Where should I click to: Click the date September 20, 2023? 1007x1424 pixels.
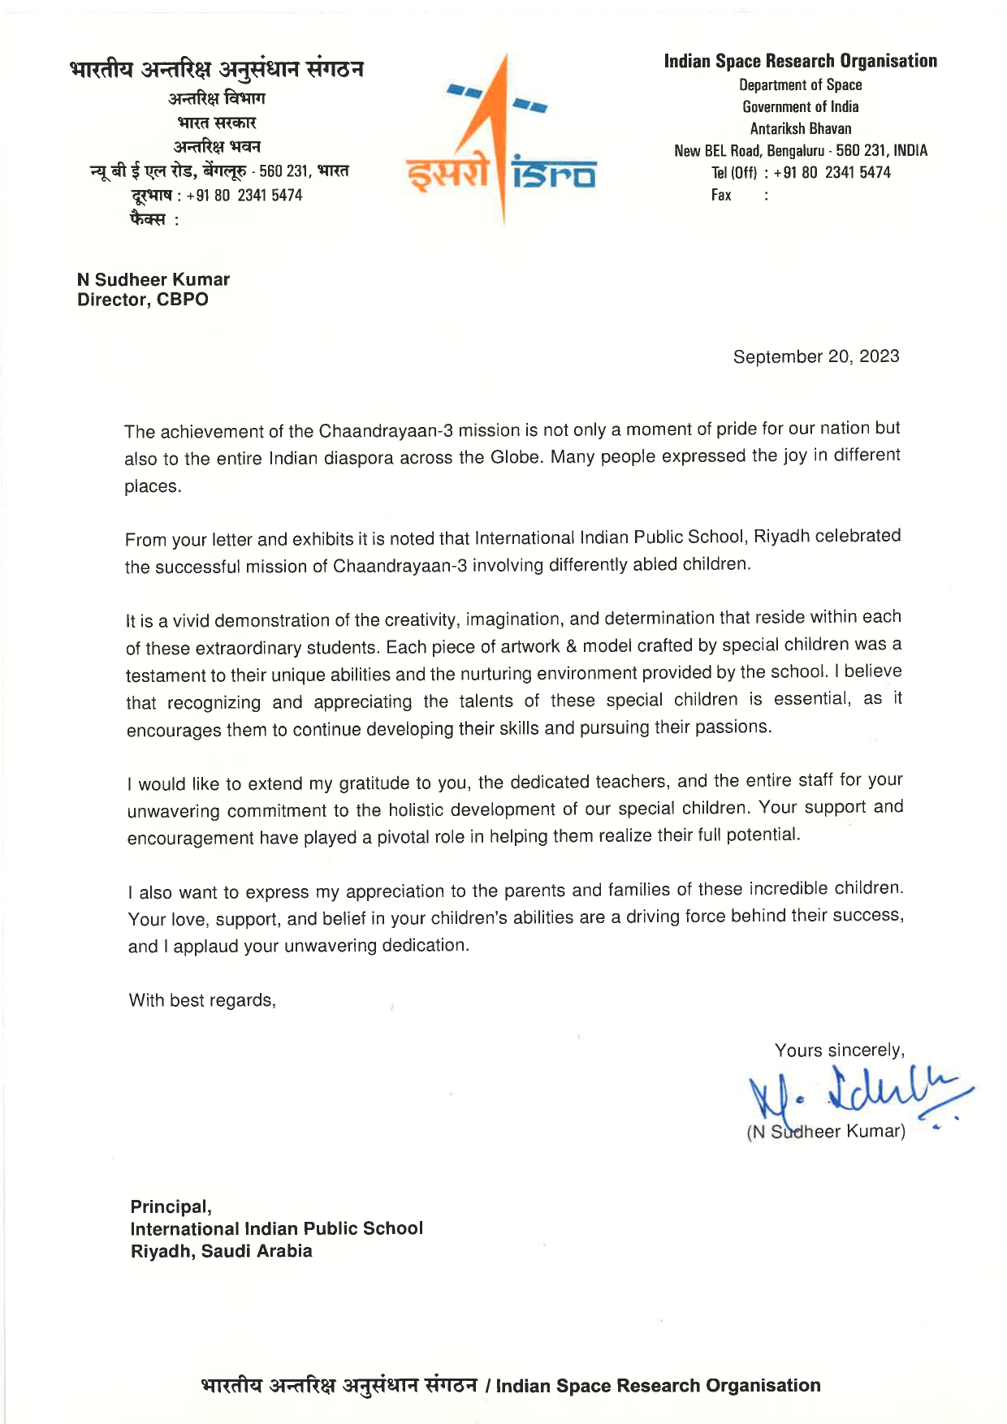(x=815, y=356)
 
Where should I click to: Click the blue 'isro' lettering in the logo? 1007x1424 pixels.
(x=555, y=174)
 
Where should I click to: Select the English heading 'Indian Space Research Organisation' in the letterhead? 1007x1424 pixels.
(x=800, y=61)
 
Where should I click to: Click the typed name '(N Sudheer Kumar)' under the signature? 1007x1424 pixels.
(x=825, y=1131)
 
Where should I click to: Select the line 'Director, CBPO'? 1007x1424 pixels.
(x=143, y=300)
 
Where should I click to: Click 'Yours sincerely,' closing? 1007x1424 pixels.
(x=839, y=1051)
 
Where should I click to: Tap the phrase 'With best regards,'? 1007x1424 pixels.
(x=202, y=1000)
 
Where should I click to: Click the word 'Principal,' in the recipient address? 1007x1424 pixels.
(x=171, y=1206)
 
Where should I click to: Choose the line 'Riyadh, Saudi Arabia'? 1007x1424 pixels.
(x=221, y=1251)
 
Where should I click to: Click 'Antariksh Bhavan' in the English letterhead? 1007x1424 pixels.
(x=800, y=128)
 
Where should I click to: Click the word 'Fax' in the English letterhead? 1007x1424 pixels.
(x=721, y=195)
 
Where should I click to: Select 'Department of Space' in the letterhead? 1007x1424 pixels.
(x=800, y=84)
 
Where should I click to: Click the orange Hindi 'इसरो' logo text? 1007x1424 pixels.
(x=447, y=174)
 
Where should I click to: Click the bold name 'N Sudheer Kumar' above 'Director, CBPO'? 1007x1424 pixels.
(x=153, y=279)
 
